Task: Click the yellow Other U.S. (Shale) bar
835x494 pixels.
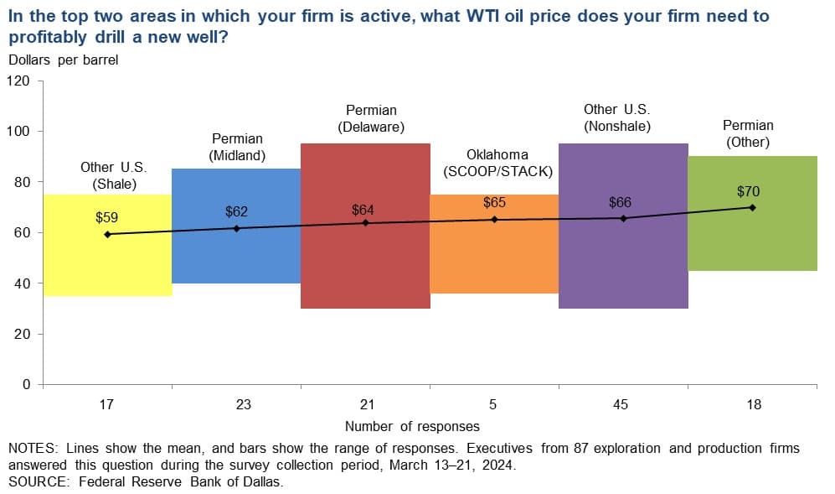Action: tap(107, 246)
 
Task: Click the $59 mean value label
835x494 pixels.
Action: tap(106, 218)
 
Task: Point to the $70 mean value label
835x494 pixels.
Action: tap(748, 191)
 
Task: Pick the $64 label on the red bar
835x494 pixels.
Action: tap(363, 211)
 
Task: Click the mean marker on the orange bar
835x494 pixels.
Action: tap(494, 219)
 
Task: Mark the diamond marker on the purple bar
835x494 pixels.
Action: tap(624, 218)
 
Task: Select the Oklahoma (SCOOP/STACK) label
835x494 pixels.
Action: tap(498, 163)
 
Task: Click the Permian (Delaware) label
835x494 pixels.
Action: tap(371, 118)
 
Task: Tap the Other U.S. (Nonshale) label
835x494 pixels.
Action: tap(617, 118)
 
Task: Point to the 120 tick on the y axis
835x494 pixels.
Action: tap(18, 81)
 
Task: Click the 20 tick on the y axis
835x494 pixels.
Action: tap(23, 334)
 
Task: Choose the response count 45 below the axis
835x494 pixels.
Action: tap(621, 404)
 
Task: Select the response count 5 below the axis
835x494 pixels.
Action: tap(493, 404)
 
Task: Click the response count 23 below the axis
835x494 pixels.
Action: tap(244, 404)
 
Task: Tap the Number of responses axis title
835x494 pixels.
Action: tap(412, 426)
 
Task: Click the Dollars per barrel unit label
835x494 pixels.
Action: tap(64, 60)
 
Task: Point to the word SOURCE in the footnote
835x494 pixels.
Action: tap(39, 481)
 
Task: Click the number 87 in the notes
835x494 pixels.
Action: tap(581, 448)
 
